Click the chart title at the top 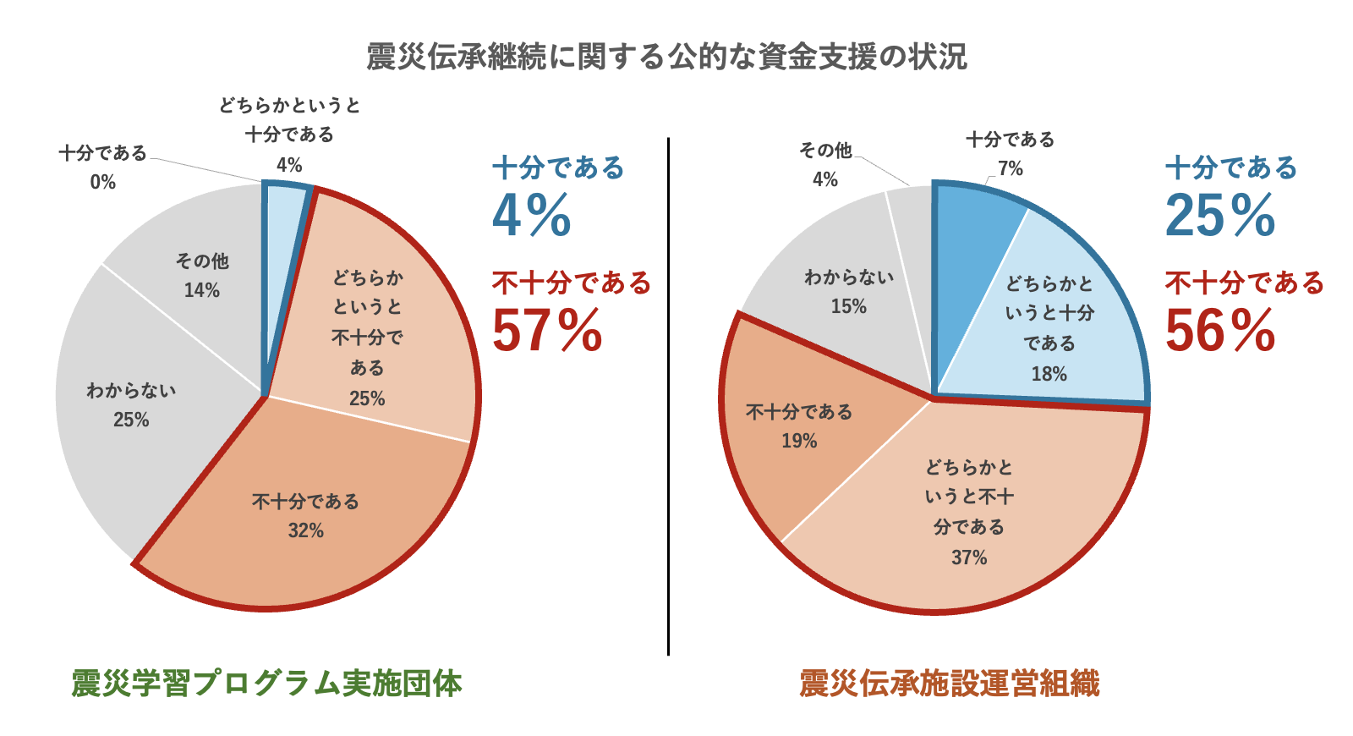666,57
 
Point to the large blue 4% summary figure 532,216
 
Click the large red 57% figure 547,331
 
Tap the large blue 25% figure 1220,216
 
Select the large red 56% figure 1220,331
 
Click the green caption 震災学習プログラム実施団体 267,684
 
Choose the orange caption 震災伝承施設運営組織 950,684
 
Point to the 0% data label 102,182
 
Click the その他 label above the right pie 825,151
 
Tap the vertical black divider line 668,398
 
